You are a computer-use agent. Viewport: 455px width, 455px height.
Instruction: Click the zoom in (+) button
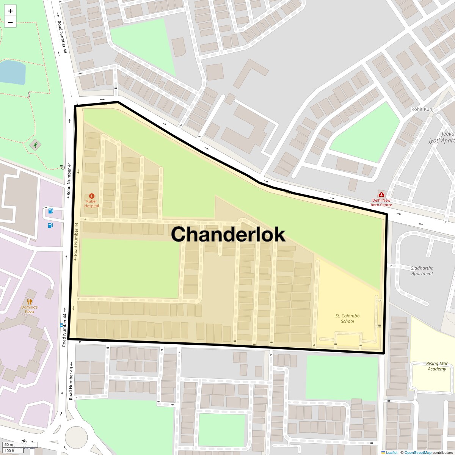[x=10, y=11]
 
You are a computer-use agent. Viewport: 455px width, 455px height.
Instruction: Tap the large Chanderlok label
[x=228, y=234]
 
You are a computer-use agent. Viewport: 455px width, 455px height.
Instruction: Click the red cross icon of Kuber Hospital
[x=92, y=196]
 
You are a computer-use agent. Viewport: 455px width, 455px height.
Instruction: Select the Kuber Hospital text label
[x=92, y=204]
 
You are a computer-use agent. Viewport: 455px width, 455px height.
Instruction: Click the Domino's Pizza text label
[x=30, y=309]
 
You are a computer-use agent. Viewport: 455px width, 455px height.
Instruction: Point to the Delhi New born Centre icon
[x=381, y=195]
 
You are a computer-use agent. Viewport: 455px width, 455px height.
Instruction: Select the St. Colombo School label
[x=347, y=318]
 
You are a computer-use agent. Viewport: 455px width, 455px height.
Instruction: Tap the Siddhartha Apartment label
[x=422, y=271]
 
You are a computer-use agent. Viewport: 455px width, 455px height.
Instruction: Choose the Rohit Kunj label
[x=422, y=109]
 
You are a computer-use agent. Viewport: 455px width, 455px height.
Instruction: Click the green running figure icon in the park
[x=35, y=144]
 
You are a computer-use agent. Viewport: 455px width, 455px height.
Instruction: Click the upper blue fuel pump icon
[x=50, y=211]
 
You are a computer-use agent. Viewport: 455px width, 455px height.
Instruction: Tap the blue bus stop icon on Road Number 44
[x=61, y=325]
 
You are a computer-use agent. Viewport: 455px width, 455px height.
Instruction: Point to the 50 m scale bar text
[x=9, y=444]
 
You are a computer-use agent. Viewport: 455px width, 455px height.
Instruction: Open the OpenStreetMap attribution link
[x=417, y=452]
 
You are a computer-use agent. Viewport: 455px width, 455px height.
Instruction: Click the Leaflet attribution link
[x=391, y=452]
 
